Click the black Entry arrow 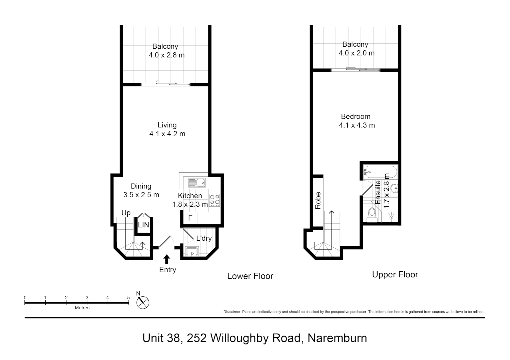[x=167, y=259]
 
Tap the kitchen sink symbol [x=197, y=183]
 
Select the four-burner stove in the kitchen [x=214, y=200]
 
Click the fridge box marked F [x=190, y=218]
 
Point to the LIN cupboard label [x=143, y=225]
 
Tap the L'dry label [x=204, y=238]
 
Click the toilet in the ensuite [x=372, y=214]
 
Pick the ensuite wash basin [x=394, y=188]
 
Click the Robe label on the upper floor [x=318, y=200]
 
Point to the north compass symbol [x=143, y=302]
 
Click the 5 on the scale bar [x=128, y=298]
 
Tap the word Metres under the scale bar [x=82, y=308]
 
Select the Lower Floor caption [x=250, y=276]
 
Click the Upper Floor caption [x=395, y=275]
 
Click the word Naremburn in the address [x=337, y=338]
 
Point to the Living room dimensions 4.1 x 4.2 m [x=167, y=134]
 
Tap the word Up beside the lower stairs [x=126, y=213]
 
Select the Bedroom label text [x=356, y=117]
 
